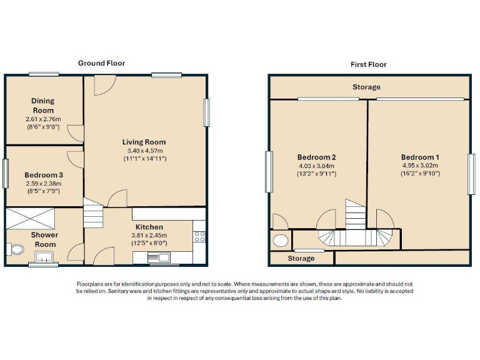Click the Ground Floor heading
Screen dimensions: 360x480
point(101,63)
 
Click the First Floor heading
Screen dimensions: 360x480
point(368,64)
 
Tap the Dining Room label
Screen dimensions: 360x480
point(43,105)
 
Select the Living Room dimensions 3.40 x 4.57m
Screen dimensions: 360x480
point(144,151)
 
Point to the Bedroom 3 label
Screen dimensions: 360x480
point(43,175)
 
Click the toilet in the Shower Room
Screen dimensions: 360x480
point(16,249)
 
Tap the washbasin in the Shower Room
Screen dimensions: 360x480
point(44,256)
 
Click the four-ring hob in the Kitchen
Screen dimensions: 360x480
point(200,236)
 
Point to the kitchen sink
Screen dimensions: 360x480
point(159,257)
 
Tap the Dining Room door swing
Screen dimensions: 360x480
point(75,132)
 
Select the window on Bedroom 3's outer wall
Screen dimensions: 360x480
point(5,173)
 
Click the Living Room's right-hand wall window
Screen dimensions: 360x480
point(206,113)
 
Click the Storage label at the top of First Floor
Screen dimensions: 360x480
point(366,87)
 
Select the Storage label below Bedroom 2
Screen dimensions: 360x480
point(301,258)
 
